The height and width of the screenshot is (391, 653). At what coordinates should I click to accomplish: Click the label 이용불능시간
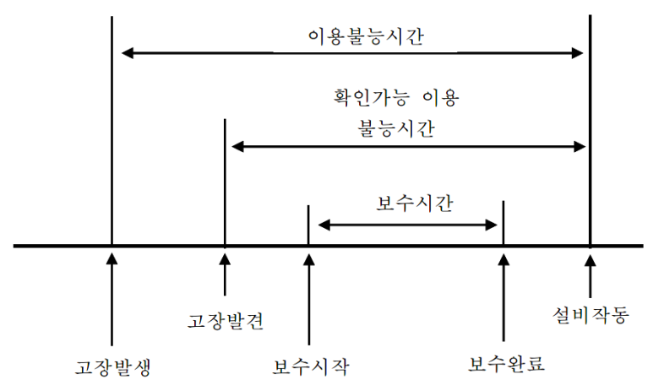click(354, 38)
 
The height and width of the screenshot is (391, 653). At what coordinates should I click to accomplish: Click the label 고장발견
click(224, 319)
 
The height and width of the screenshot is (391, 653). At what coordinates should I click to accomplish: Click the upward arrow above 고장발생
click(111, 296)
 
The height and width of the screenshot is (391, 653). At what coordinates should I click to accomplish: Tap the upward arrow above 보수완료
click(503, 296)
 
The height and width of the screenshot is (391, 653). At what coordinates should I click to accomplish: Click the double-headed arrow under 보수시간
click(406, 225)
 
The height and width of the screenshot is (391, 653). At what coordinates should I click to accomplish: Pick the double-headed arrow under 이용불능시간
click(353, 53)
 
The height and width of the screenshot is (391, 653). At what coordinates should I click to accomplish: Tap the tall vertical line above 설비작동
click(590, 127)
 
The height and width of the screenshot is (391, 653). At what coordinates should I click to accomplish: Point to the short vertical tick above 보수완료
click(503, 222)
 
